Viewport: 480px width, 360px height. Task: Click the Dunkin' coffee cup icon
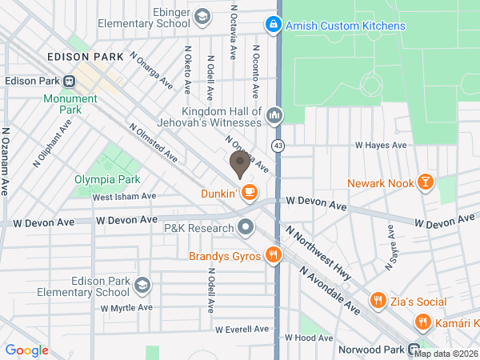click(250, 192)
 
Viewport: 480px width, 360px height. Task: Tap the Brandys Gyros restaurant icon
click(274, 256)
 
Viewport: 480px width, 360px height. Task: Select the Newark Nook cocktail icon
click(426, 183)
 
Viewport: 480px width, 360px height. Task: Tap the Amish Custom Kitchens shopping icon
click(274, 26)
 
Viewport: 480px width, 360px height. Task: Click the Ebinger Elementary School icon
click(203, 16)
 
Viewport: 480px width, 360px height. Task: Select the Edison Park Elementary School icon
click(142, 286)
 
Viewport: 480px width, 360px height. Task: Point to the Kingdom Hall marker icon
click(274, 116)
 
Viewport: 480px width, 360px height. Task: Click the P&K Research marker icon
click(246, 229)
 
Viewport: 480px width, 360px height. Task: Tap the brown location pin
click(238, 165)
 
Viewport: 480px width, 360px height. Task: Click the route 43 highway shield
click(278, 146)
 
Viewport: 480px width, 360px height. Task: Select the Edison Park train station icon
click(70, 81)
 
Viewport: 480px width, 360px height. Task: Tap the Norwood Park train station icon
click(414, 349)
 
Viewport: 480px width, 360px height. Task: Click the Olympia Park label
click(107, 179)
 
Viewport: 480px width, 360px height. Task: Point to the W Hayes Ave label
click(382, 146)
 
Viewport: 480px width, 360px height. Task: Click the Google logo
click(27, 350)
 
